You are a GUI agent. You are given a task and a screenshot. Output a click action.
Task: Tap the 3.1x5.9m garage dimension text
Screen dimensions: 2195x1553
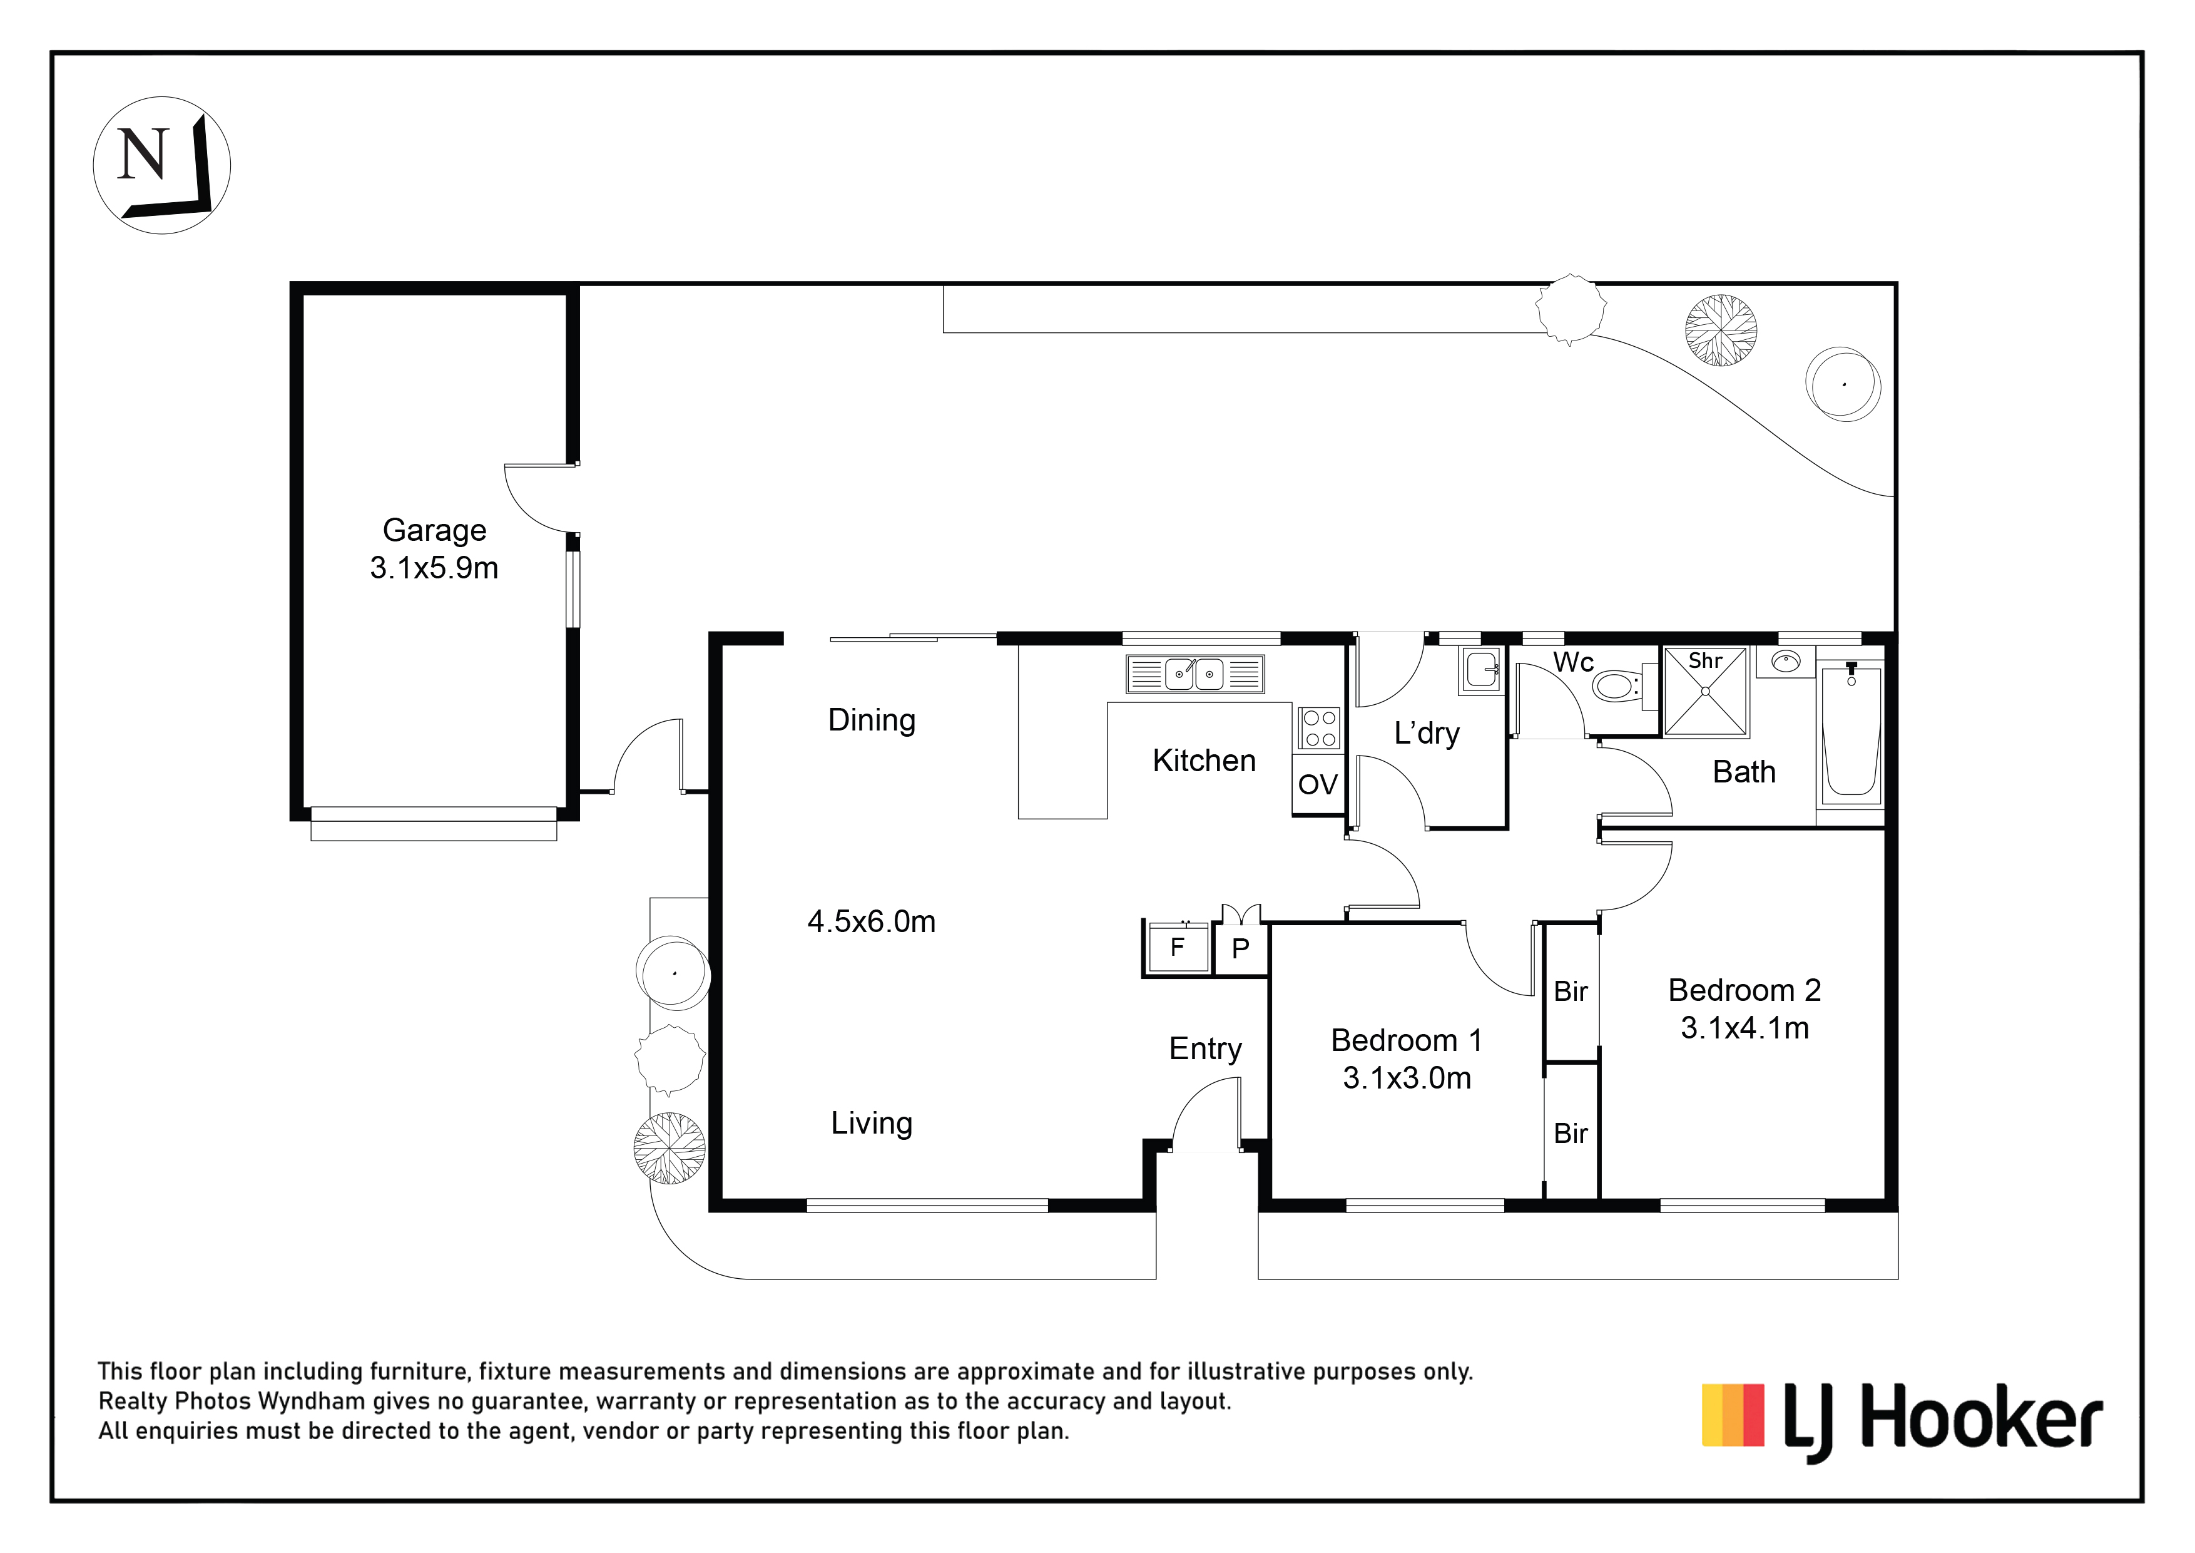coord(434,568)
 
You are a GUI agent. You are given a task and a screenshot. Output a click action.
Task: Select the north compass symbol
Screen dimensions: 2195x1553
coord(161,165)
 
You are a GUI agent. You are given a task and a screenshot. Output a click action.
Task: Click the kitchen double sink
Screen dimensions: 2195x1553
coord(1195,674)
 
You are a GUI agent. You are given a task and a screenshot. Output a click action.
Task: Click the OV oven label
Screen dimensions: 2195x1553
coord(1317,785)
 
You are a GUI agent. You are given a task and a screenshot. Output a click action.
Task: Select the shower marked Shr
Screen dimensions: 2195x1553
coord(1706,692)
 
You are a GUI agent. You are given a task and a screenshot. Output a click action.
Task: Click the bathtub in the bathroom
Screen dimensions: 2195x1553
coord(1851,732)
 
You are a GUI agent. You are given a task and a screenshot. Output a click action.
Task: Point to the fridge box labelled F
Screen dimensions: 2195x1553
coord(1178,948)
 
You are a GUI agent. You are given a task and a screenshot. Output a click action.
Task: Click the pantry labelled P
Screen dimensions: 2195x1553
coord(1241,948)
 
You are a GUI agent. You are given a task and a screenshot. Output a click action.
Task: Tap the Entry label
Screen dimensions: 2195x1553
coord(1206,1049)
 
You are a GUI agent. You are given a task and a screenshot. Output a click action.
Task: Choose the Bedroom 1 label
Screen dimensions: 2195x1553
coord(1407,1040)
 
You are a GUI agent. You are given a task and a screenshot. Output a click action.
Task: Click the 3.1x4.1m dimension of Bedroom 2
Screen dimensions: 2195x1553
coord(1744,1028)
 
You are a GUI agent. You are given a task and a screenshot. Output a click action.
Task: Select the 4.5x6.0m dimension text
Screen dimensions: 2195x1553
coord(872,922)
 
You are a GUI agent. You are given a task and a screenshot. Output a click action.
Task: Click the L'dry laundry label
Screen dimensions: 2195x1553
coord(1427,734)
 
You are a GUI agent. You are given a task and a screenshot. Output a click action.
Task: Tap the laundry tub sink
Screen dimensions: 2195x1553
coord(1481,669)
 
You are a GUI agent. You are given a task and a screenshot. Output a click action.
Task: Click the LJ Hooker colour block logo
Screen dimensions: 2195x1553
coord(1733,1428)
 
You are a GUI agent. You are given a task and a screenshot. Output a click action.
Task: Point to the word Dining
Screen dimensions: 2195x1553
coord(872,720)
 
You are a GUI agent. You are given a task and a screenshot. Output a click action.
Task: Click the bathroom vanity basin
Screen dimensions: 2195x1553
coord(1785,662)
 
